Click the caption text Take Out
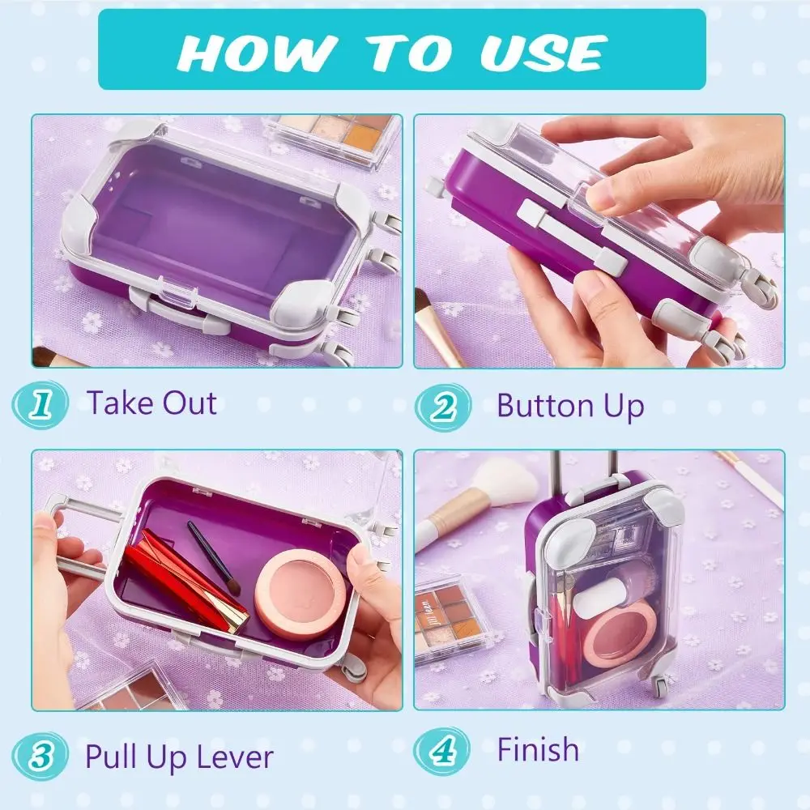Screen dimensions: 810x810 pyautogui.click(x=151, y=403)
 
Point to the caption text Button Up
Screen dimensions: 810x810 pyautogui.click(x=570, y=405)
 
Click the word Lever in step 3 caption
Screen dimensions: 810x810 pyautogui.click(x=235, y=757)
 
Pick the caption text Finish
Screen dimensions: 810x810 pyautogui.click(x=538, y=750)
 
